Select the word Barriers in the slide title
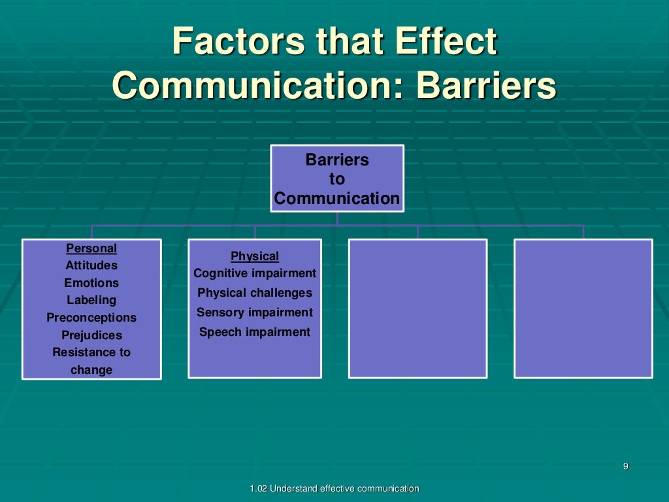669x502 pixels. coord(486,86)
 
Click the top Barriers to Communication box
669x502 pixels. coord(337,178)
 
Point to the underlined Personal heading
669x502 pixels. coord(91,248)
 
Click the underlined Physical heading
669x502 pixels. coord(255,256)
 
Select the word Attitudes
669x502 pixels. coord(91,265)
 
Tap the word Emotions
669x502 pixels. coord(91,283)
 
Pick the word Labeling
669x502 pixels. coord(91,300)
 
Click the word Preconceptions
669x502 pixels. coord(91,318)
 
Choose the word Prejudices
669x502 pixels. coord(91,335)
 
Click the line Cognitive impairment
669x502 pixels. coord(255,273)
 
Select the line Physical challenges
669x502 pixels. coord(255,293)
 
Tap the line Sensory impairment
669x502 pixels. coord(255,312)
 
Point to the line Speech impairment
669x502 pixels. coord(255,332)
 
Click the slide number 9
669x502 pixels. coord(625,466)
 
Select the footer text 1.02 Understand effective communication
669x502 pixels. coord(334,489)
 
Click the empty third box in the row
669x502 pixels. coord(417,309)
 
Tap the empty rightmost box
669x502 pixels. coord(583,309)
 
